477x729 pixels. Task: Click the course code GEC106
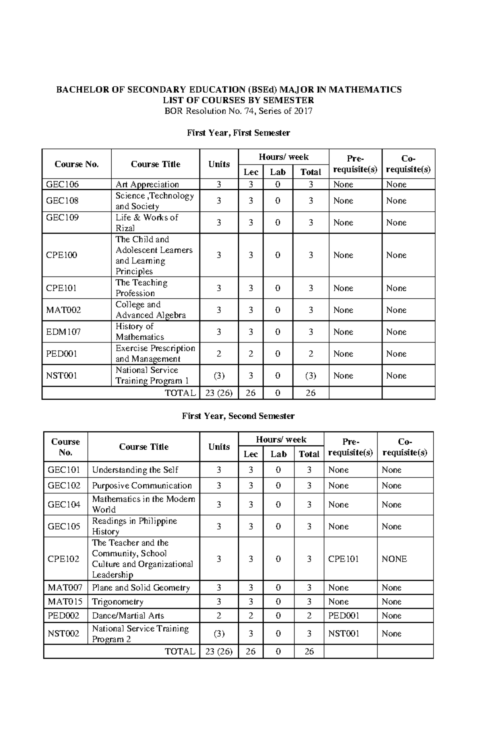62,184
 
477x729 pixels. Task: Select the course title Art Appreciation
147,184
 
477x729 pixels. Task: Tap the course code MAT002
64,310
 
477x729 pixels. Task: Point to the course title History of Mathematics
140,332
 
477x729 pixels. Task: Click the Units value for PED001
219,354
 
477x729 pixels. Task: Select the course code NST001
62,375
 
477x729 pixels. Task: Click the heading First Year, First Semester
238,133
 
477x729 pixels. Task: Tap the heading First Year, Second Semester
238,416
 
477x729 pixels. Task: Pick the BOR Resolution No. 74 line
238,111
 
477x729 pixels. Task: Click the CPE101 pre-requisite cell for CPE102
343,559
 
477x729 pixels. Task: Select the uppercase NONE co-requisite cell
394,559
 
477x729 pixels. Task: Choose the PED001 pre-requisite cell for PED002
343,615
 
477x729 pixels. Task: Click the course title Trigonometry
118,601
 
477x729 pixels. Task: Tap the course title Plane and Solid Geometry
141,588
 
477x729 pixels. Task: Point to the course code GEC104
64,505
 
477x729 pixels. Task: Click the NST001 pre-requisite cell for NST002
343,634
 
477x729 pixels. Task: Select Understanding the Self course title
135,470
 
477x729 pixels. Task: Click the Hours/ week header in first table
283,157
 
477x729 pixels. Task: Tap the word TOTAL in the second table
180,652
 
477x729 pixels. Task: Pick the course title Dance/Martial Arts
128,615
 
